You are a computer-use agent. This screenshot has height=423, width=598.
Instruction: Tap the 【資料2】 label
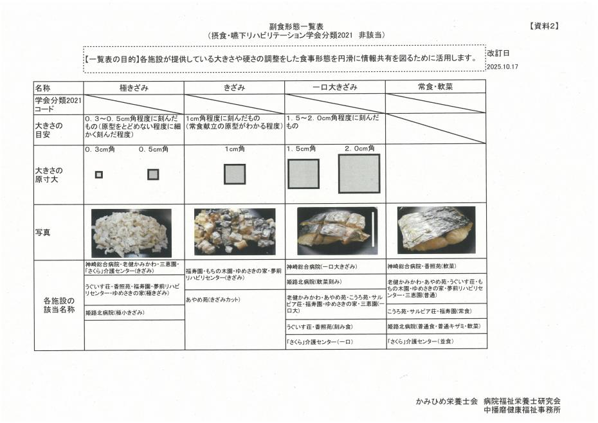pyautogui.click(x=544, y=26)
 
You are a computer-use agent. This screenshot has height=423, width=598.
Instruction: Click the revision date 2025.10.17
pyautogui.click(x=502, y=66)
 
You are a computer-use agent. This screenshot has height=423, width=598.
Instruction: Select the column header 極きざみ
pyautogui.click(x=134, y=87)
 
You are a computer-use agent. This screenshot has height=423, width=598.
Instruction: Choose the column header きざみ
pyautogui.click(x=235, y=87)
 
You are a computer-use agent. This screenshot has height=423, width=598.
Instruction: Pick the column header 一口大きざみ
pyautogui.click(x=334, y=87)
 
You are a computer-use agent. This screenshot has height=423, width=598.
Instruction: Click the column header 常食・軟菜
pyautogui.click(x=435, y=87)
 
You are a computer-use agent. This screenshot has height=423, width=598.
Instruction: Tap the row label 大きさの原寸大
pyautogui.click(x=50, y=175)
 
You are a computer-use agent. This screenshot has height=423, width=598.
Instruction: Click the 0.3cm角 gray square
pyautogui.click(x=98, y=174)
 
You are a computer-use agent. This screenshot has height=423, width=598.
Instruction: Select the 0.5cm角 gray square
pyautogui.click(x=153, y=174)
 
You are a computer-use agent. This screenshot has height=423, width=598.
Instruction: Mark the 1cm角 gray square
pyautogui.click(x=235, y=174)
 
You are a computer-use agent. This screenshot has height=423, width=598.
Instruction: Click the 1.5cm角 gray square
pyautogui.click(x=304, y=174)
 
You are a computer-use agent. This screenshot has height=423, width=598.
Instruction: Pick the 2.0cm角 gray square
pyautogui.click(x=359, y=174)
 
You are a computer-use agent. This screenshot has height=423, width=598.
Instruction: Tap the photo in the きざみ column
pyautogui.click(x=235, y=231)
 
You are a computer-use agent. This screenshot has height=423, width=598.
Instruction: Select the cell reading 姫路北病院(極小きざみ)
pyautogui.click(x=115, y=312)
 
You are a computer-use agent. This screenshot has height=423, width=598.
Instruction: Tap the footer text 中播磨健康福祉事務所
pyautogui.click(x=522, y=410)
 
